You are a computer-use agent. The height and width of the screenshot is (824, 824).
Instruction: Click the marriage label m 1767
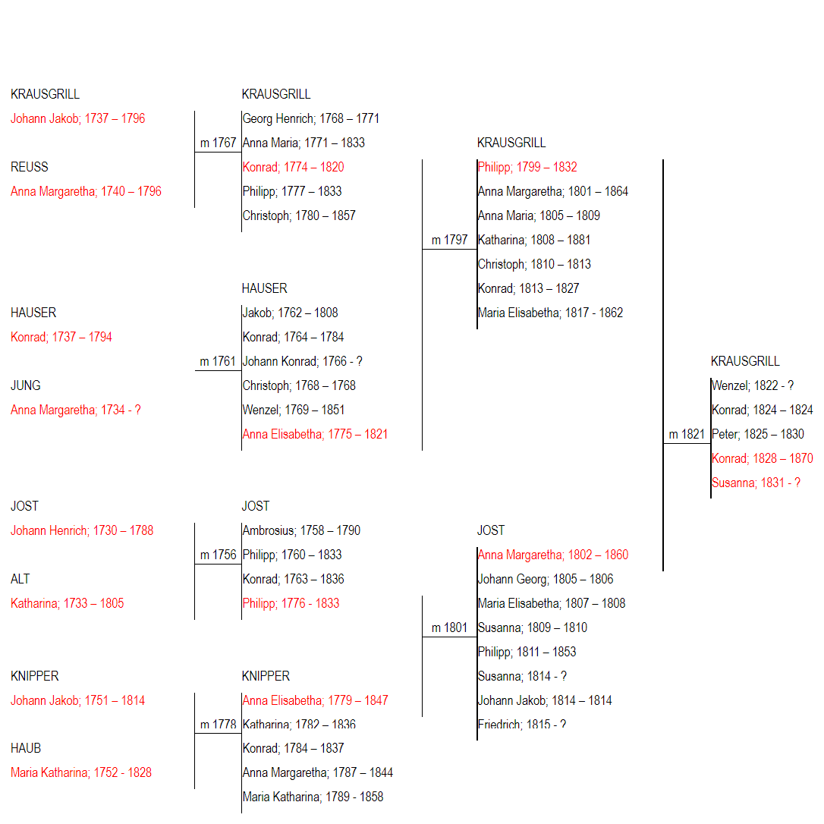click(218, 143)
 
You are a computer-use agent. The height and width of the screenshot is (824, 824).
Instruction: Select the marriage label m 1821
click(687, 435)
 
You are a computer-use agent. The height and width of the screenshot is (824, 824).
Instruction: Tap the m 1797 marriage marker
click(449, 241)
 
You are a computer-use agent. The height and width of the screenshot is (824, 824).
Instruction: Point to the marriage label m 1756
click(218, 555)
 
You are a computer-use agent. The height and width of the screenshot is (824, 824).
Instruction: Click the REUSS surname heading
click(30, 167)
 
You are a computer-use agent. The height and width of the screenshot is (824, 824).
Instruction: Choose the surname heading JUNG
click(26, 385)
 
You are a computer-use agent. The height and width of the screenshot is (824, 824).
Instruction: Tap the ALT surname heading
click(20, 579)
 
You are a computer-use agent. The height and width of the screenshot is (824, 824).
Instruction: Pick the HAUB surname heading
click(26, 748)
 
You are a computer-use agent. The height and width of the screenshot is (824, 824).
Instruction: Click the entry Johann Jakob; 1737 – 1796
click(78, 119)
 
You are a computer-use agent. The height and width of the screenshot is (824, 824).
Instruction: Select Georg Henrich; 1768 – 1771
click(310, 119)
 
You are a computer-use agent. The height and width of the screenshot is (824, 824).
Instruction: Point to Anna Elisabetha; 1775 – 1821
click(315, 435)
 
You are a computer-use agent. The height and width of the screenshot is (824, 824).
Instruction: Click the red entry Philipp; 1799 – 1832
click(527, 167)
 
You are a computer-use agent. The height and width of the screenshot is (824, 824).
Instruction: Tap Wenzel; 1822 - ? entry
click(753, 385)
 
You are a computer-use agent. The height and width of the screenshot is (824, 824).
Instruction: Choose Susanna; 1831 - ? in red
click(756, 483)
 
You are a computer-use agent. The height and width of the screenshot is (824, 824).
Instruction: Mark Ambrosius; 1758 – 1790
click(301, 531)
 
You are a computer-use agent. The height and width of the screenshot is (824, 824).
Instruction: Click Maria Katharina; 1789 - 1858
click(313, 797)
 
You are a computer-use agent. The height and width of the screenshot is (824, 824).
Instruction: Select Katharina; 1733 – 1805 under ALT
click(68, 603)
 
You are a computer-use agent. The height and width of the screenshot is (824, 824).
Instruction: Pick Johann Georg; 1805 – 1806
click(546, 579)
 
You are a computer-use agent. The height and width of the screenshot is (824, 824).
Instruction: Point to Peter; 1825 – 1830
click(758, 435)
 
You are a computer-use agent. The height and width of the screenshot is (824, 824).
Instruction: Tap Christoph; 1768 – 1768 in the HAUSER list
click(299, 385)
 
